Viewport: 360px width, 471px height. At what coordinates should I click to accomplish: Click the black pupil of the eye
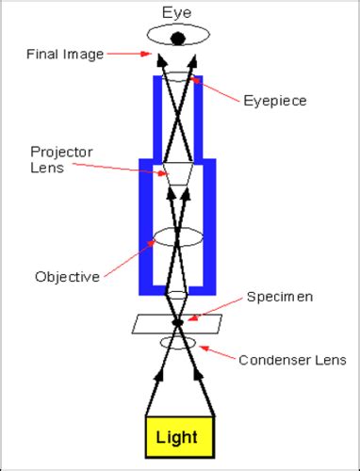(x=177, y=38)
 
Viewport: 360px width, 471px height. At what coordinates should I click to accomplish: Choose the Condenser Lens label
(x=293, y=359)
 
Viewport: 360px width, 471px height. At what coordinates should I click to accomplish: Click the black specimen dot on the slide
(x=177, y=323)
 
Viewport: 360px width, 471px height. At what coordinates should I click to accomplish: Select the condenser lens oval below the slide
(x=177, y=342)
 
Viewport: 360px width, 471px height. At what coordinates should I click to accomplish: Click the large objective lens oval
(x=177, y=235)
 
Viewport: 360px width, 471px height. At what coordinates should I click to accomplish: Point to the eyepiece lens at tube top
(x=177, y=83)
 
